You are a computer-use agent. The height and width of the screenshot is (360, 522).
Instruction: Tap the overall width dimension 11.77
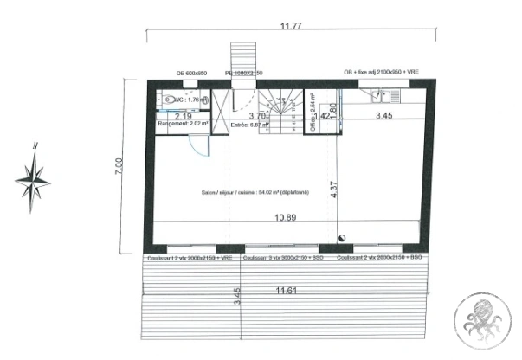tap(290, 26)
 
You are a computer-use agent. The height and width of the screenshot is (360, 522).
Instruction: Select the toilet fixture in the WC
tap(164, 100)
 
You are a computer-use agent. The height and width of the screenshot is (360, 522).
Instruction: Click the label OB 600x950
tap(190, 74)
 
